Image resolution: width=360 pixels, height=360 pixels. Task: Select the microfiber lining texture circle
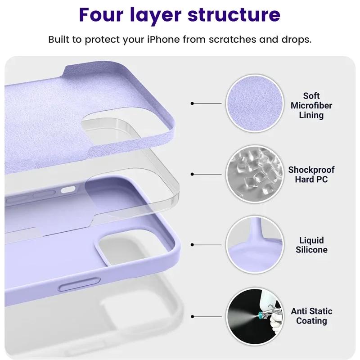[255, 103]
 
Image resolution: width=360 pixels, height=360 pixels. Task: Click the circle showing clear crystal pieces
[255, 174]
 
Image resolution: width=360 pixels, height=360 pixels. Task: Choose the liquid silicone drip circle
[255, 245]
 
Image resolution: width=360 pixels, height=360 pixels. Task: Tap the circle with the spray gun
[255, 316]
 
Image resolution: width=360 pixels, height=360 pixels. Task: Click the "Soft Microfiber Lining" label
[311, 105]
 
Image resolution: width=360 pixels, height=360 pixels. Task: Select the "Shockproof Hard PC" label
[311, 175]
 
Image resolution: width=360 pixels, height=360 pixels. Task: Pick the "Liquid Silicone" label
[311, 245]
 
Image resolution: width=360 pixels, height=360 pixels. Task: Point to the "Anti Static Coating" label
[311, 316]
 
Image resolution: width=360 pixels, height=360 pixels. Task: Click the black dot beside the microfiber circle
[193, 103]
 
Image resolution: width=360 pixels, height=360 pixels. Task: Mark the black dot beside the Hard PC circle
[193, 174]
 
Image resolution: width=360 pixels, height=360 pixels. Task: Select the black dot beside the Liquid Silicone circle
[193, 245]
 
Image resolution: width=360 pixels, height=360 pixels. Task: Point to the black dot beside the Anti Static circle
[193, 316]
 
